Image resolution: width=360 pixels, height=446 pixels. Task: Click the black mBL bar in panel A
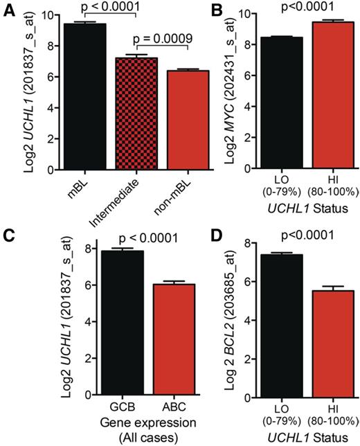click(81, 97)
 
